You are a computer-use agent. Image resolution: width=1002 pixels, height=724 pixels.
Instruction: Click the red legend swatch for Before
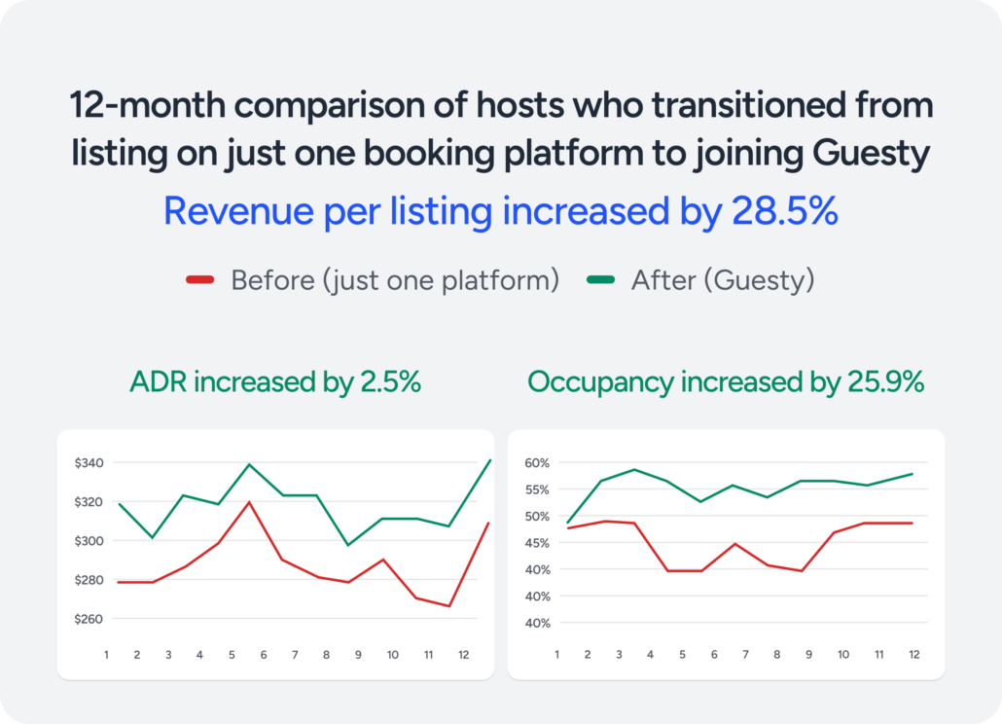click(199, 281)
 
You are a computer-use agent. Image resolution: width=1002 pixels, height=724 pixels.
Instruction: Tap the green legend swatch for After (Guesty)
click(600, 281)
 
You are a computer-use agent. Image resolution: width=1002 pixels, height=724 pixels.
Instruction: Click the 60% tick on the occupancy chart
click(538, 463)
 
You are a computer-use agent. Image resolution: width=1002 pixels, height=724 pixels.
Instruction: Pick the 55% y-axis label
click(538, 489)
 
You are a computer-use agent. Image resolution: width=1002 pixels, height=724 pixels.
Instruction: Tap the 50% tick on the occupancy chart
click(538, 516)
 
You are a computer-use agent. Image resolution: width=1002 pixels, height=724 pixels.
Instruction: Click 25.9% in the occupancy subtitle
click(882, 382)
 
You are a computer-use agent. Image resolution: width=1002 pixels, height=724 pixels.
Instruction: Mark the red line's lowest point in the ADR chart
click(448, 606)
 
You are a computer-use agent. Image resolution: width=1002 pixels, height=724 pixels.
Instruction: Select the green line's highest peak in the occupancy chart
click(633, 469)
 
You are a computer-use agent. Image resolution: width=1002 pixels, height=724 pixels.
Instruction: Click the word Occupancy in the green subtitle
click(600, 382)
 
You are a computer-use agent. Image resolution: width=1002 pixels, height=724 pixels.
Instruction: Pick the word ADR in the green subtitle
click(159, 382)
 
